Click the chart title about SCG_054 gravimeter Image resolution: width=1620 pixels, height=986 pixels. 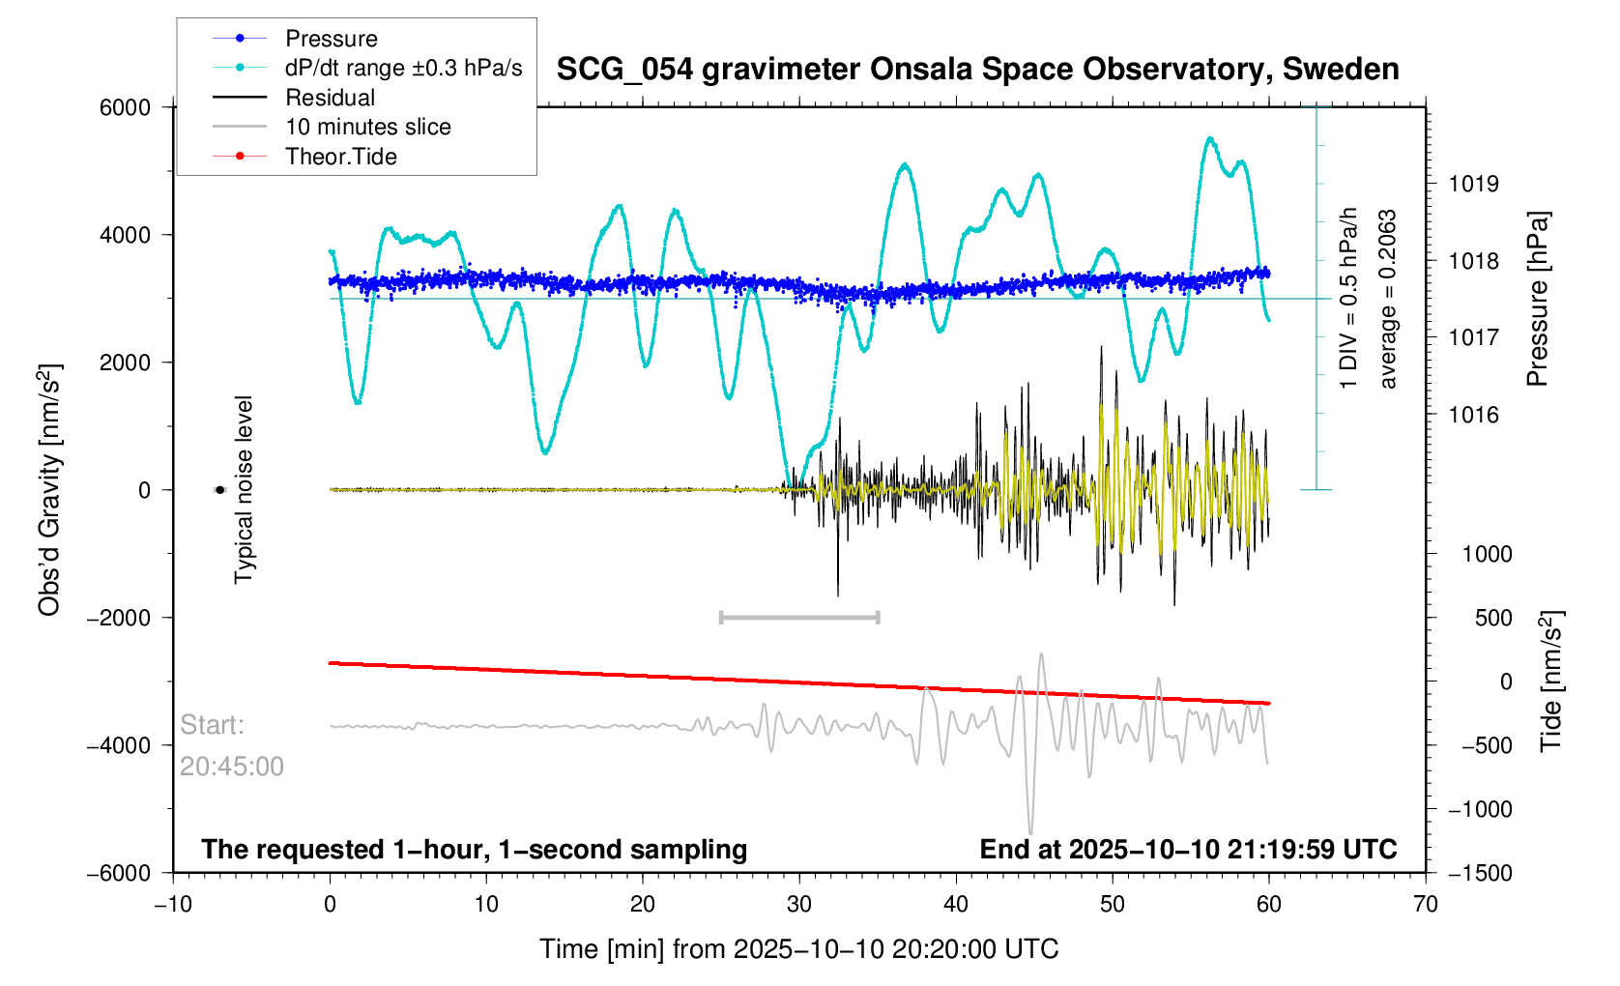pos(977,70)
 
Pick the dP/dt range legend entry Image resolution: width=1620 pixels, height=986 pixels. pos(367,68)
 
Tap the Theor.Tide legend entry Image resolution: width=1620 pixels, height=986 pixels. pos(304,157)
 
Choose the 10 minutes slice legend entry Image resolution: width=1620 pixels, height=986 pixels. pos(332,127)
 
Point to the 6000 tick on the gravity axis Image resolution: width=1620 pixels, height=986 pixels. pos(125,108)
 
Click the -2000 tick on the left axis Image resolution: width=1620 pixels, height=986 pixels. pos(119,618)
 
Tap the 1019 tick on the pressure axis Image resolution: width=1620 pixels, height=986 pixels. pos(1474,184)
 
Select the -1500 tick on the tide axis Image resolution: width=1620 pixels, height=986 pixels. pos(1480,873)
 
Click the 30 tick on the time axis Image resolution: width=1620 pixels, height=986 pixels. pos(799,904)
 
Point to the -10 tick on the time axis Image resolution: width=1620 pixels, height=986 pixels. pos(174,904)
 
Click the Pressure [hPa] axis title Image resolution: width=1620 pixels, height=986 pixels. pos(1538,299)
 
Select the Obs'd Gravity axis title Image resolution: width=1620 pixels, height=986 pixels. pos(49,490)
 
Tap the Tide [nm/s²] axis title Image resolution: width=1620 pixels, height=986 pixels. pos(1550,681)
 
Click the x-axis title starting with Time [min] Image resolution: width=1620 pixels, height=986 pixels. pos(799,949)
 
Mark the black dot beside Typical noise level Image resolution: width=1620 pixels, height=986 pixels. pos(219,490)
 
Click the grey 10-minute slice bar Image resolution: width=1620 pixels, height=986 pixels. pos(799,617)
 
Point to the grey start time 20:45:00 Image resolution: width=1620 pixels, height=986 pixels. pos(231,767)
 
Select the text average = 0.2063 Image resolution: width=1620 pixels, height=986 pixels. pos(1387,299)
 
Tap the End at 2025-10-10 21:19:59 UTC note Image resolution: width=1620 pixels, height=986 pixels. pos(1188,850)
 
